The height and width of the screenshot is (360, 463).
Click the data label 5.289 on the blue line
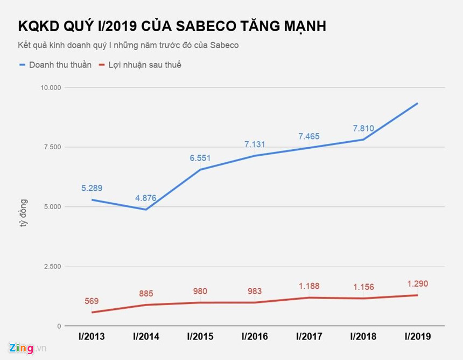tap(92, 188)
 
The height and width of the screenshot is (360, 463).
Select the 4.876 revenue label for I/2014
tap(146, 198)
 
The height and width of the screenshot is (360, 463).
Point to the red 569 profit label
tap(92, 301)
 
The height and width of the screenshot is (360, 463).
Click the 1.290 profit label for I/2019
tap(417, 283)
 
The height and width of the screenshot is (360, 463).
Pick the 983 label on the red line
tap(255, 291)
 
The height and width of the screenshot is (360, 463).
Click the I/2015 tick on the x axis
tap(200, 337)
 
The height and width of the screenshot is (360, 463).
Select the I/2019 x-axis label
tap(417, 337)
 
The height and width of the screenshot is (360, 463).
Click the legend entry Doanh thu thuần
tap(55, 65)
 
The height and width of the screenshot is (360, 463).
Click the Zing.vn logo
tap(26, 348)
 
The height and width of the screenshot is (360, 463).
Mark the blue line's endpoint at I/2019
tap(417, 103)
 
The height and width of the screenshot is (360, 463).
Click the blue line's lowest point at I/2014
tap(146, 209)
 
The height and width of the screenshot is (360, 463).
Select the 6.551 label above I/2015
tap(200, 158)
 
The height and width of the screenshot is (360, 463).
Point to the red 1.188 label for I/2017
tap(309, 286)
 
